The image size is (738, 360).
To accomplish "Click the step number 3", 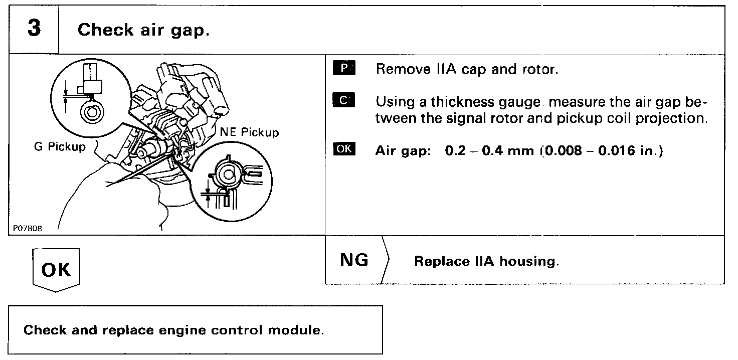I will [34, 29].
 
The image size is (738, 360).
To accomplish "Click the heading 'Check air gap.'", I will [143, 30].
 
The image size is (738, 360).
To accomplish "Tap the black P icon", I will [343, 68].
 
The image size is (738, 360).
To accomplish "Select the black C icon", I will [343, 100].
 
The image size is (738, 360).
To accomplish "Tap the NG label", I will [353, 260].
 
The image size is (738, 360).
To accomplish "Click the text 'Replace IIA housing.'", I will [486, 262].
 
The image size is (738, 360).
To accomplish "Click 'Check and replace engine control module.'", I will [173, 331].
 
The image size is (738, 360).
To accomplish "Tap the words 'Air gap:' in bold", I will [404, 151].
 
